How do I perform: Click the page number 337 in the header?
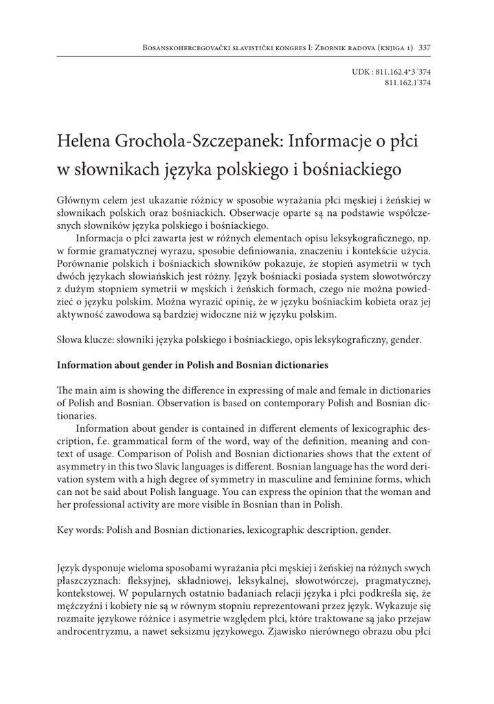[x=424, y=47]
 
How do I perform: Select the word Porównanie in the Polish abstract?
[x=84, y=265]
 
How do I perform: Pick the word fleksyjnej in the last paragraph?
[x=148, y=582]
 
